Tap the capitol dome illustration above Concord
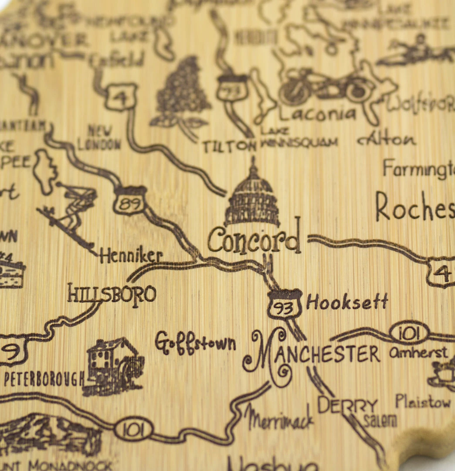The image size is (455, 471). (x=252, y=196)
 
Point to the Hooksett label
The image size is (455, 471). (x=347, y=302)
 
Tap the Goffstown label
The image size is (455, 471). (x=195, y=344)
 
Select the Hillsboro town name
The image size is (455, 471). (x=112, y=294)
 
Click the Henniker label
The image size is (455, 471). (x=131, y=256)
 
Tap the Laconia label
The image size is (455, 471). (x=317, y=113)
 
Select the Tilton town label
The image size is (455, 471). (x=228, y=146)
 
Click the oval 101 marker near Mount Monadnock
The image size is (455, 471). (x=133, y=429)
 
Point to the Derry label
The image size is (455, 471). (x=347, y=406)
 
